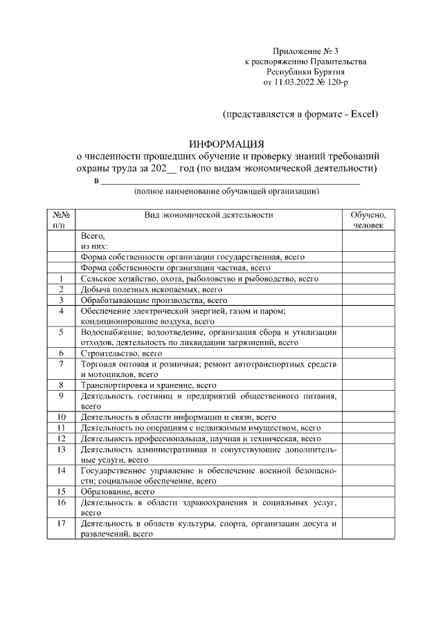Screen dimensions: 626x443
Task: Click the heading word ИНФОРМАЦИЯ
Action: point(227,144)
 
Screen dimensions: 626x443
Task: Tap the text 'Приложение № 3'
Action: point(305,51)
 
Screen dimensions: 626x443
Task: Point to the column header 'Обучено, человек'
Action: point(368,219)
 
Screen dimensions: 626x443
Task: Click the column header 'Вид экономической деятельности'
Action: point(208,214)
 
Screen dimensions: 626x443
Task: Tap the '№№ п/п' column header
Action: point(61,219)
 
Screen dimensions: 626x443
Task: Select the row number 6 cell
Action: point(61,353)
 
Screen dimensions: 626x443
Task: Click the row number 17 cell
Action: point(61,524)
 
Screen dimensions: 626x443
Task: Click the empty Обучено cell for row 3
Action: point(368,300)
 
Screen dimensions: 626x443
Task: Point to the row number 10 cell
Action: point(61,417)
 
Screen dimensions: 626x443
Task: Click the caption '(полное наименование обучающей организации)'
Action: point(226,191)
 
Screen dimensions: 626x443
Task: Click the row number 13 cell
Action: point(61,450)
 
